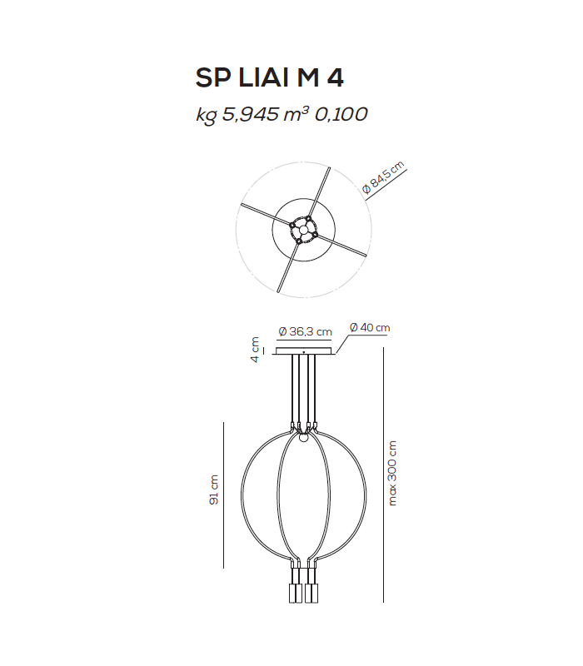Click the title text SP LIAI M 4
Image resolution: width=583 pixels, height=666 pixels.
tap(269, 77)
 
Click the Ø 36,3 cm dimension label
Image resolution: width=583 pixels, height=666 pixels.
tap(305, 331)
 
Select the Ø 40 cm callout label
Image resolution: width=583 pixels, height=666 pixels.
tap(370, 328)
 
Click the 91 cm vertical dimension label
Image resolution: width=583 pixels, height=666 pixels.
tap(214, 491)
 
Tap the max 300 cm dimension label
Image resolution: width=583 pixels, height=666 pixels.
tap(393, 473)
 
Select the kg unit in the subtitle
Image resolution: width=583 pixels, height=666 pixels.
tap(206, 116)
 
